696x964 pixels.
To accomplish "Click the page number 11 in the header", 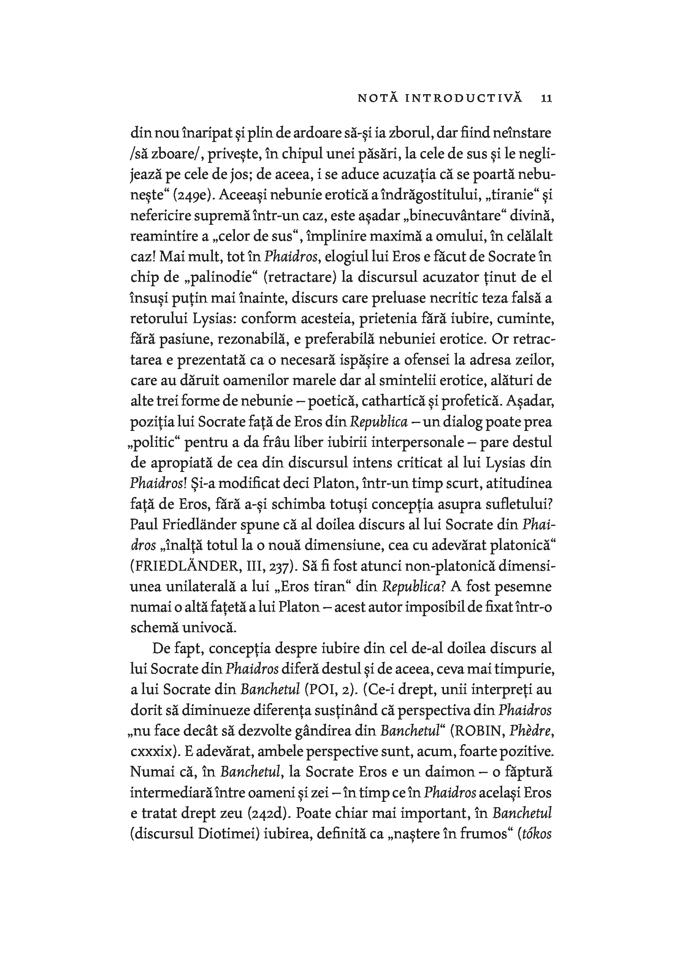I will [x=546, y=98].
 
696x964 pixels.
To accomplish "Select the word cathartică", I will [x=389, y=401].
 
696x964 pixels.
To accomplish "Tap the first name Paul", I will [x=143, y=524].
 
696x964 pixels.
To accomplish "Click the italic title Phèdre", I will [x=531, y=730].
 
